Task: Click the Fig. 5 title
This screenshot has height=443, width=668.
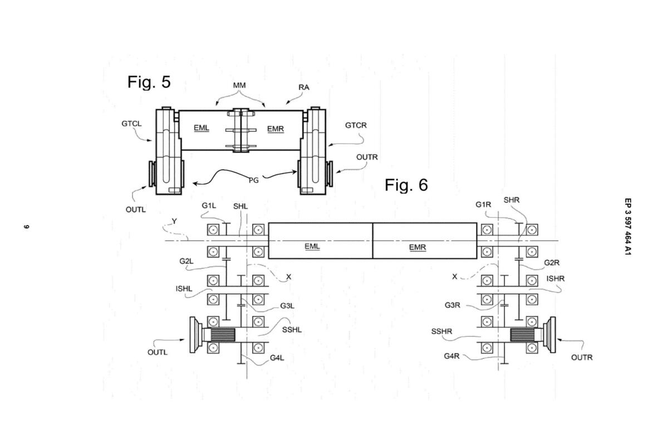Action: pyautogui.click(x=149, y=82)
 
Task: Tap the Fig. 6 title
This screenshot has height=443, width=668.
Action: pyautogui.click(x=406, y=185)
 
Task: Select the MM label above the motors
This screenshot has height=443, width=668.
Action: pyautogui.click(x=239, y=85)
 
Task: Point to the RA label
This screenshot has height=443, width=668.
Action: pyautogui.click(x=304, y=87)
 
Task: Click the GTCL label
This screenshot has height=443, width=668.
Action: pyautogui.click(x=131, y=124)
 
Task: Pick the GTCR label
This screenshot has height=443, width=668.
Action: pyautogui.click(x=356, y=125)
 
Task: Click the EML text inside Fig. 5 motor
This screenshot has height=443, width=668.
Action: pyautogui.click(x=201, y=128)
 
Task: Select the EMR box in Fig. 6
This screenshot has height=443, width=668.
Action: pyautogui.click(x=424, y=241)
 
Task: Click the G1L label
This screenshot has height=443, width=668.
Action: pyautogui.click(x=209, y=206)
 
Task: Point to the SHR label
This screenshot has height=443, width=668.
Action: pyautogui.click(x=512, y=200)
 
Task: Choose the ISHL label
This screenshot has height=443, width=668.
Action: pyautogui.click(x=184, y=289)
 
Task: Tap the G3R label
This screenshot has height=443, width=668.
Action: pyautogui.click(x=452, y=305)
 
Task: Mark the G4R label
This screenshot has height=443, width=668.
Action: pyautogui.click(x=452, y=356)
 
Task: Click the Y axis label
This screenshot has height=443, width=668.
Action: pyautogui.click(x=174, y=221)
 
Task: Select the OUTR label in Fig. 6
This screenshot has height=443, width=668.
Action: pyautogui.click(x=582, y=357)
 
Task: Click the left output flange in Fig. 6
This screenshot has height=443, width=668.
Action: pyautogui.click(x=195, y=334)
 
